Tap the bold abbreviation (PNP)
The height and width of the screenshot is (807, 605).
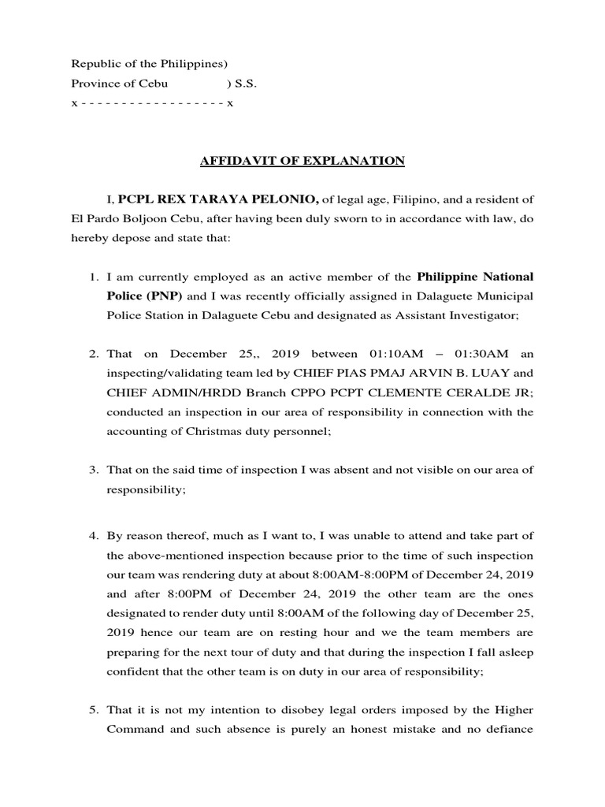pyautogui.click(x=165, y=296)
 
